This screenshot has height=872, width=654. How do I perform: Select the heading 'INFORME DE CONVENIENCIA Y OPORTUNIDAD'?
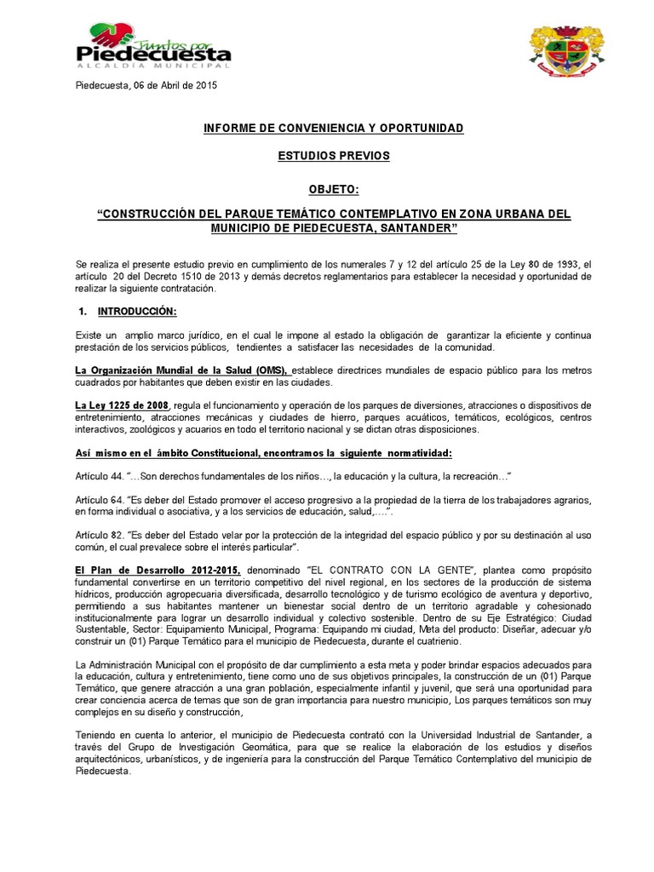point(333,128)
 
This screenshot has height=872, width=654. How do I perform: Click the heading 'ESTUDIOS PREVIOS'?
point(334,157)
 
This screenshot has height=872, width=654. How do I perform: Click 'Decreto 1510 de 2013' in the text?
point(206,277)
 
